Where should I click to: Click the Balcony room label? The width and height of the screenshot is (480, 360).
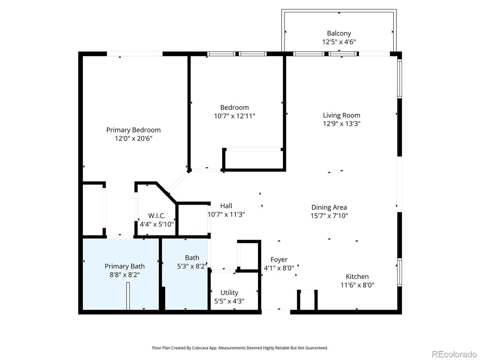[339, 33]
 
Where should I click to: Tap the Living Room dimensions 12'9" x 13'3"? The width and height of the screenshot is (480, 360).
[342, 124]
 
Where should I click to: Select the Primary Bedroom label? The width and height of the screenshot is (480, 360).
[133, 130]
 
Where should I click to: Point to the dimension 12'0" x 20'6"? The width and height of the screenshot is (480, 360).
[133, 138]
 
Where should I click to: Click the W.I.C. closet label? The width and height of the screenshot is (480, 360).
[157, 216]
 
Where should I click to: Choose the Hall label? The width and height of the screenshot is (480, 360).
[226, 206]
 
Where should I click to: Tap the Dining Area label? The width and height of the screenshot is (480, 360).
[329, 207]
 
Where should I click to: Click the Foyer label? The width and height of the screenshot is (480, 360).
[279, 259]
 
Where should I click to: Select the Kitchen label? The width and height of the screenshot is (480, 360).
[357, 276]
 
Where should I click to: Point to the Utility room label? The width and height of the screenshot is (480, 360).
[229, 292]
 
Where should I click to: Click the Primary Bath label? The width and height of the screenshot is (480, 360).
[124, 266]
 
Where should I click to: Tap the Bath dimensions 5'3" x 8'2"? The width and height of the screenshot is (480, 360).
[192, 266]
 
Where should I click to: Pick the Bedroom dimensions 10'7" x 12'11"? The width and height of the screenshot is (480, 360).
[234, 116]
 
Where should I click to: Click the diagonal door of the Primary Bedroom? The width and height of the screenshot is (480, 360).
[178, 182]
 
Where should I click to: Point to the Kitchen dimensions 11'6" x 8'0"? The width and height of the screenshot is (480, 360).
[357, 285]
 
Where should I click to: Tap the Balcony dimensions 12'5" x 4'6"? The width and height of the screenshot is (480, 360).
[339, 42]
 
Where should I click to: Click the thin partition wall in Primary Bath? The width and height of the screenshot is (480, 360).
[128, 296]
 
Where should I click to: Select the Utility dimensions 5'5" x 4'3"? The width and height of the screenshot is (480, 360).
[229, 301]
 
